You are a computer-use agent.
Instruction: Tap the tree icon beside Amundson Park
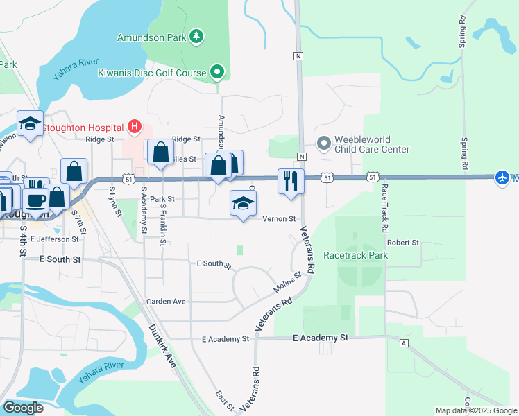[197, 35]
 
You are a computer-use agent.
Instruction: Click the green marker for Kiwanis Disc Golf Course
[217, 71]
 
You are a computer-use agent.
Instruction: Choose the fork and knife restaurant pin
[290, 182]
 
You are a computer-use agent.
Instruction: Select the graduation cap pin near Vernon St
[244, 204]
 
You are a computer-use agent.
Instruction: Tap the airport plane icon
[502, 177]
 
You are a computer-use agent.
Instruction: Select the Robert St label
[403, 243]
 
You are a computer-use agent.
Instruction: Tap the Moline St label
[287, 283]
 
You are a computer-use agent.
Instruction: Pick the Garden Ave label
[166, 302]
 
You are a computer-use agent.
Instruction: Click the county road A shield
[403, 343]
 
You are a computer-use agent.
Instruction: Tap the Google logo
[24, 408]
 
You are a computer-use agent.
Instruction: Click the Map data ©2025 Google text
[475, 410]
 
